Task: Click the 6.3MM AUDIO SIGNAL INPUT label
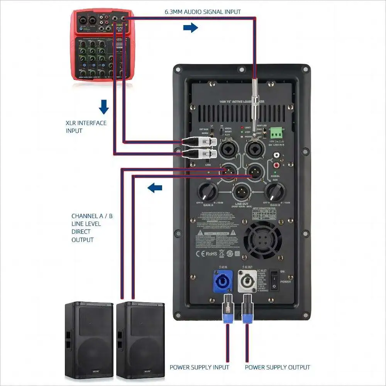(x=203, y=12)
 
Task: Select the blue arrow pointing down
(x=103, y=107)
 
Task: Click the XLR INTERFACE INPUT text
(x=86, y=127)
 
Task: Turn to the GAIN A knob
(x=207, y=191)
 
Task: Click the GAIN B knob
(x=276, y=191)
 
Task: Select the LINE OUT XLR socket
(x=242, y=191)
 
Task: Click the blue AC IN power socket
(x=219, y=283)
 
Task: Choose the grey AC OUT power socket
(x=247, y=283)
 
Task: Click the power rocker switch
(x=274, y=280)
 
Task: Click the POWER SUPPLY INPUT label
(x=200, y=367)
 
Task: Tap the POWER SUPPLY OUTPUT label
(x=278, y=367)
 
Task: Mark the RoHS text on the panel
(x=211, y=254)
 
